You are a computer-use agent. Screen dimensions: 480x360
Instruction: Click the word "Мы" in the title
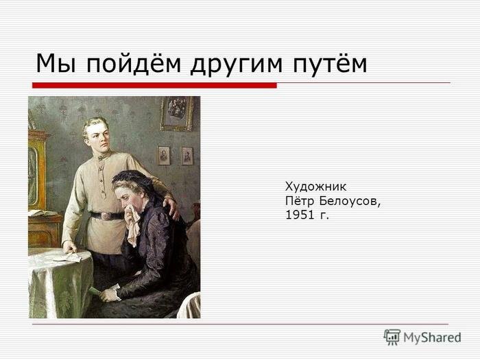point(56,63)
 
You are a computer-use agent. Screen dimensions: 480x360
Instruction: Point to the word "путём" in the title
point(330,63)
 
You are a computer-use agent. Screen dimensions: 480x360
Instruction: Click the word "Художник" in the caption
point(315,187)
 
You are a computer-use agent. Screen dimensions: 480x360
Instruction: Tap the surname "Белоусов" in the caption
point(350,201)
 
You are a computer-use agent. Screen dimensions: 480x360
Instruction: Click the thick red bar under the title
point(154,85)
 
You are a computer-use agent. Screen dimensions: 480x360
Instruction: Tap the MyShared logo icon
point(392,337)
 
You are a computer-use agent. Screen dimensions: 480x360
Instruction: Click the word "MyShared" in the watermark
point(432,337)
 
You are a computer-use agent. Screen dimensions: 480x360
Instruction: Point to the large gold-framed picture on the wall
point(177,113)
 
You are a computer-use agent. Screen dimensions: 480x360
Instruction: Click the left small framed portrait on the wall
point(164,155)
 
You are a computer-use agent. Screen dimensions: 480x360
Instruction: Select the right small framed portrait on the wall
point(187,156)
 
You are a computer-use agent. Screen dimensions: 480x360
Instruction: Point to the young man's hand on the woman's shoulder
point(172,208)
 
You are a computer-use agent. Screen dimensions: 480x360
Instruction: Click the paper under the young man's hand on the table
point(69,258)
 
